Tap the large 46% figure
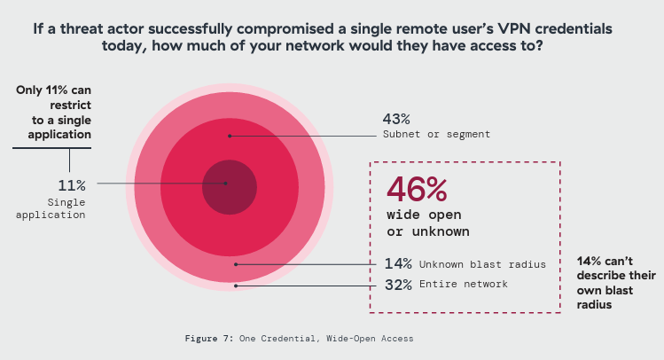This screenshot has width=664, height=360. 417,191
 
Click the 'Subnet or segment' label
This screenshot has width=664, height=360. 436,134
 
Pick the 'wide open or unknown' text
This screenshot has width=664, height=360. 427,223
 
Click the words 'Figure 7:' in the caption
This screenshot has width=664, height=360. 209,338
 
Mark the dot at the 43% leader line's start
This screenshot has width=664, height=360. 230,136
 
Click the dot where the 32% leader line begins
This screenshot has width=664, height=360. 235,286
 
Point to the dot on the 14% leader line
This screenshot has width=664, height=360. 235,263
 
